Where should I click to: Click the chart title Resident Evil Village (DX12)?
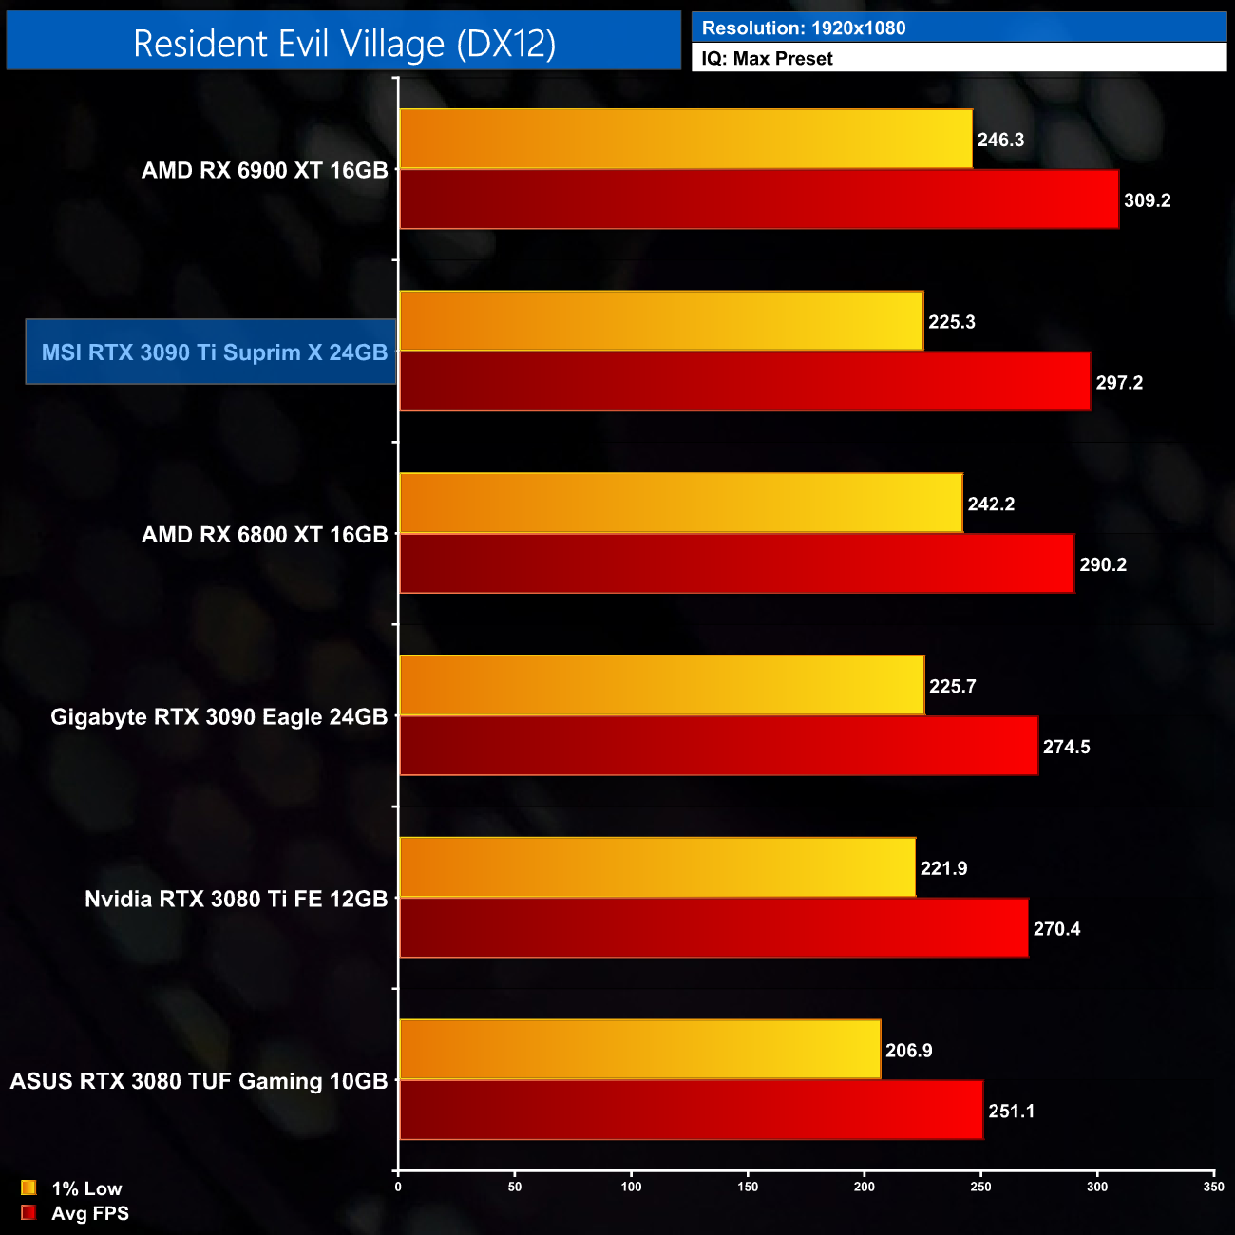[344, 44]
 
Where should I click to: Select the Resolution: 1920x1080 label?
[804, 28]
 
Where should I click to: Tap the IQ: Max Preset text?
[767, 58]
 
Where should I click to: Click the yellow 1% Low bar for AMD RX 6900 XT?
[686, 140]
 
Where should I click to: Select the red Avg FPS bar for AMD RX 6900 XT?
[759, 199]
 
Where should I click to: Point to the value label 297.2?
[1119, 383]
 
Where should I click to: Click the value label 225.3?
[952, 322]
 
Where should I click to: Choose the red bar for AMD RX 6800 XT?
[736, 563]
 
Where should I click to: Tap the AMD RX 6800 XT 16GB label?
[264, 534]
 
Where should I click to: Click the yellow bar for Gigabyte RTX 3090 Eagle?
[662, 685]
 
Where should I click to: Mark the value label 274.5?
[1066, 747]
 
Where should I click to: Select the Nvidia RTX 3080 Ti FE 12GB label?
[236, 899]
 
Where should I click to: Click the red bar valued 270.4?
[713, 928]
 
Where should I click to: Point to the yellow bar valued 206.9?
[640, 1050]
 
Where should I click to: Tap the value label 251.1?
[1012, 1111]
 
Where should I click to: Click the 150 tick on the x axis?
[748, 1187]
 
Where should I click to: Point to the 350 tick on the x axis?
[1213, 1187]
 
